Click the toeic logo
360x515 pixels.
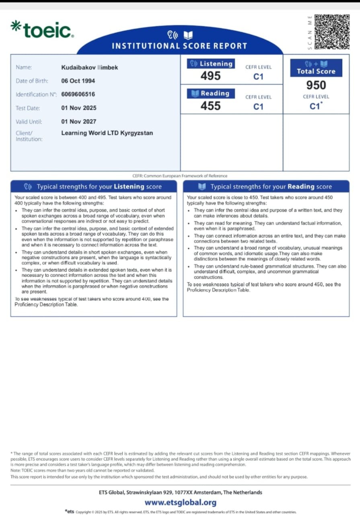point(42,29)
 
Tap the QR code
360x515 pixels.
point(331,32)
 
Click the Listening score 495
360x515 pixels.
point(211,76)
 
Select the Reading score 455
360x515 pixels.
point(211,106)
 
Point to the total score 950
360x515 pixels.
point(316,85)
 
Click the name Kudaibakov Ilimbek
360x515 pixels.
point(90,68)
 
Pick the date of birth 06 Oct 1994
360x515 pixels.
point(78,81)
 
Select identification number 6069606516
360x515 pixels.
point(78,95)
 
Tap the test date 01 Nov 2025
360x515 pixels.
point(79,108)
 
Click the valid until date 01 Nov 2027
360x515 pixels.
point(79,122)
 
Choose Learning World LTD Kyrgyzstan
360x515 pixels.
point(107,133)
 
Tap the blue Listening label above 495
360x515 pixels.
point(211,64)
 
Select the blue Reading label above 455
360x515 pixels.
point(211,93)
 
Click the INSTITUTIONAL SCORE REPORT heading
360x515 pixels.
point(179,46)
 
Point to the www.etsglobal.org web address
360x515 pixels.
point(180,503)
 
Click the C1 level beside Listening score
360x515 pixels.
point(258,76)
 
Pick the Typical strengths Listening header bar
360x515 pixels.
point(93,187)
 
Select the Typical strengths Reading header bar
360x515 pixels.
point(266,187)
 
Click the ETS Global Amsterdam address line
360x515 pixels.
point(180,492)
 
